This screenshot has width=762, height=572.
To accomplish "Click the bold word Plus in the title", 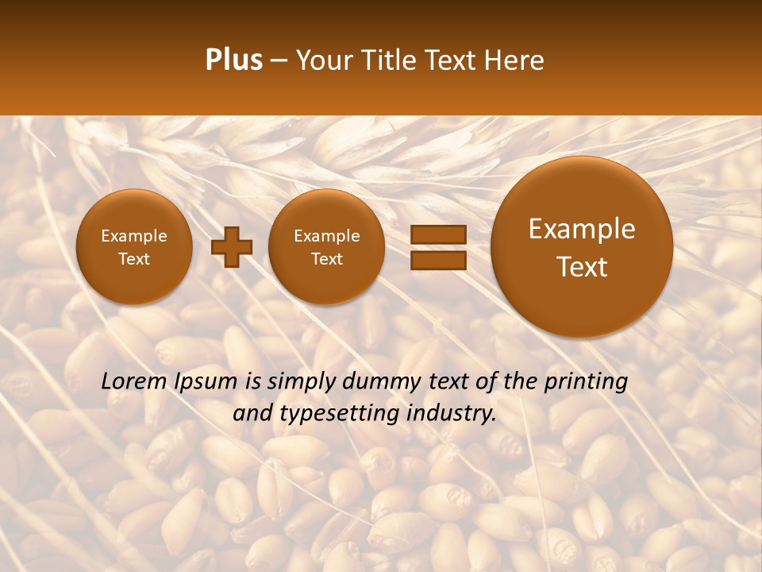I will coord(233,60).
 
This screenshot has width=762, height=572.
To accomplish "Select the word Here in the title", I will coord(514,60).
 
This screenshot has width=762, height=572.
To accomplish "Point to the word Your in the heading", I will coord(325,60).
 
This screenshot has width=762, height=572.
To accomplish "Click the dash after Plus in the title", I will coord(279,61).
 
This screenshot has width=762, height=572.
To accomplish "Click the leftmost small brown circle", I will coord(133,247).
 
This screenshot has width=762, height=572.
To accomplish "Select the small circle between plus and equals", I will coord(326,247).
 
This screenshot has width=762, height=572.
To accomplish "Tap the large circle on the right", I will coord(582,247).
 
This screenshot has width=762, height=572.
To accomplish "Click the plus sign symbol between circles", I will coord(231,247).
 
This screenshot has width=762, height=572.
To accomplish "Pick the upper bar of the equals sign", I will coord(437,234).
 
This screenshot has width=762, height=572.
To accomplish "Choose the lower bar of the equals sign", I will coord(437,260).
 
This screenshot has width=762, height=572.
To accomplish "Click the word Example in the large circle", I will coord(582,229).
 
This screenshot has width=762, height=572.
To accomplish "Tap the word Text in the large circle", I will coord(582,267).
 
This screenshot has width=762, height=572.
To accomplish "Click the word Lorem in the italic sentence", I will coord(133,381).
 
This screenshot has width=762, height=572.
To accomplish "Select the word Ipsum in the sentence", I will coord(205,381).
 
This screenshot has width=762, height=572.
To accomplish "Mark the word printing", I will coord(585,381).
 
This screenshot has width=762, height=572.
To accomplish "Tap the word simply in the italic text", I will coord(301,381).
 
